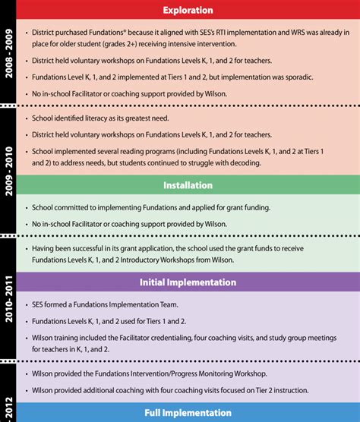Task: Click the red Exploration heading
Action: click(188, 11)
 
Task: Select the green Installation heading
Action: click(188, 185)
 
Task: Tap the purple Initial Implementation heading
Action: click(188, 282)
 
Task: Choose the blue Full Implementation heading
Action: click(188, 413)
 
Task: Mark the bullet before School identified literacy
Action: click(27, 119)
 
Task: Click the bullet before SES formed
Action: click(27, 304)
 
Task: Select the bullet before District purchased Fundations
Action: click(27, 33)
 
